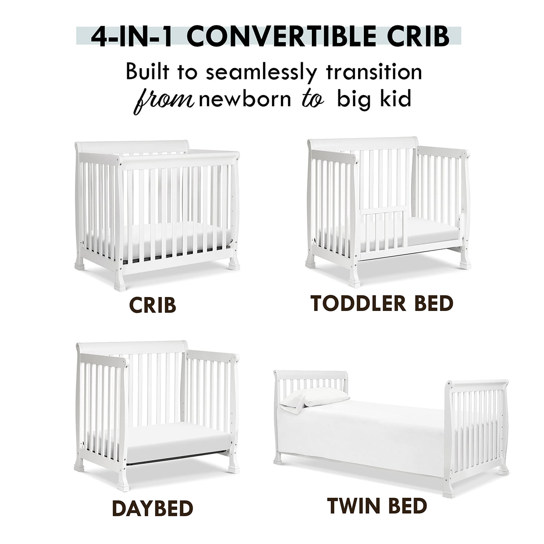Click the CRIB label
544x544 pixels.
[x=152, y=305]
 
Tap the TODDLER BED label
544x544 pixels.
[x=382, y=303]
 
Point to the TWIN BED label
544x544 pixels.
[x=377, y=506]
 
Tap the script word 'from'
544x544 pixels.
[x=163, y=100]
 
